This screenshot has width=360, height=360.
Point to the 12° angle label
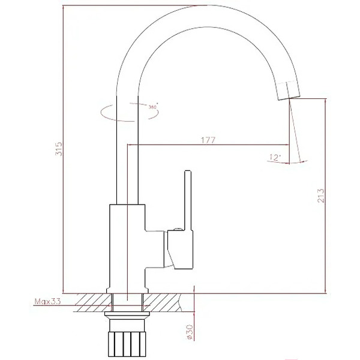pos(275,158)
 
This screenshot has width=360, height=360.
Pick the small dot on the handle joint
pos(176,229)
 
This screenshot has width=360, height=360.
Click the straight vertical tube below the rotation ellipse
pos(127,162)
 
